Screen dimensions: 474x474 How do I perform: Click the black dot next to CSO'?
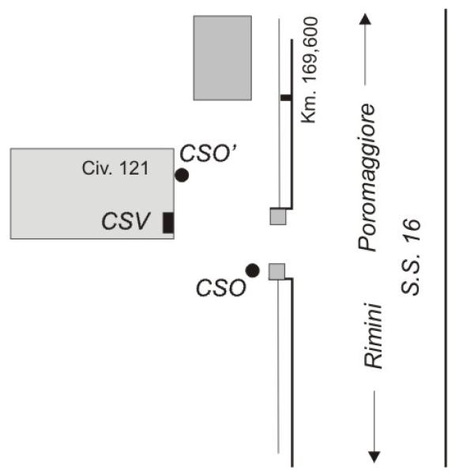[x=182, y=175]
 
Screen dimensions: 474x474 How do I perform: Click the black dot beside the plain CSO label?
[x=253, y=270]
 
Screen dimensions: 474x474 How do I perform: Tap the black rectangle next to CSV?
[x=168, y=223]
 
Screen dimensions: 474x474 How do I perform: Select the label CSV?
[x=126, y=221]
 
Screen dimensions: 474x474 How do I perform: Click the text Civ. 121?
[x=115, y=168]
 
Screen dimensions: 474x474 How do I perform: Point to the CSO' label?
[x=209, y=153]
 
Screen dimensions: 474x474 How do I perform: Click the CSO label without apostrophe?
[x=221, y=288]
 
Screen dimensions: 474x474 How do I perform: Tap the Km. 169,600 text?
[x=310, y=70]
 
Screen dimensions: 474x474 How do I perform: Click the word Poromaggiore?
[x=367, y=178]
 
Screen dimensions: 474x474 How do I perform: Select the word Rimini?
[x=373, y=336]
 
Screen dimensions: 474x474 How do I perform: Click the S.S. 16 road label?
[x=411, y=257]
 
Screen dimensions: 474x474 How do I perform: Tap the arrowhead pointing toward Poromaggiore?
[x=365, y=19]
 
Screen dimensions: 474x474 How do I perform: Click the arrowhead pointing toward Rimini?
[x=374, y=457]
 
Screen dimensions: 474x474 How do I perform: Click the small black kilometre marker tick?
[x=286, y=98]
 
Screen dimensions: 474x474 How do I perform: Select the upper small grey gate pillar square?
[x=278, y=216]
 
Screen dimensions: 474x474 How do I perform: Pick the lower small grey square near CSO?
[x=277, y=272]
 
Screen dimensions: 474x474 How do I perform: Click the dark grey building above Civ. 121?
[x=223, y=58]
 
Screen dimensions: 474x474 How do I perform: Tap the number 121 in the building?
[x=134, y=168]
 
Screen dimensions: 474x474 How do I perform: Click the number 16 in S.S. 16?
[x=411, y=231]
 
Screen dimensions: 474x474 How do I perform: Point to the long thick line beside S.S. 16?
[x=446, y=239]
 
